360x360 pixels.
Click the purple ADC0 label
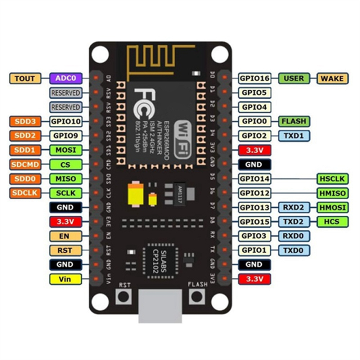[x=65, y=78]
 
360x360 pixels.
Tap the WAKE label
[x=332, y=78]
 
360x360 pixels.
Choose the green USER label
[x=293, y=78]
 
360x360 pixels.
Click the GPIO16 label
[x=254, y=78]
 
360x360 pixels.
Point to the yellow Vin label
[x=65, y=278]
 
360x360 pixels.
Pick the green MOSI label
[x=65, y=150]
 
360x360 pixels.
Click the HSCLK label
[x=332, y=178]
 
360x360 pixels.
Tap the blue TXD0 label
[x=293, y=250]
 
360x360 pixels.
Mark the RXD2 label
[x=293, y=207]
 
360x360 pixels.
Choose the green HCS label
[x=332, y=221]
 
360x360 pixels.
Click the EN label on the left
[x=65, y=235]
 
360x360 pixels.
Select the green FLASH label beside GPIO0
[x=293, y=121]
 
